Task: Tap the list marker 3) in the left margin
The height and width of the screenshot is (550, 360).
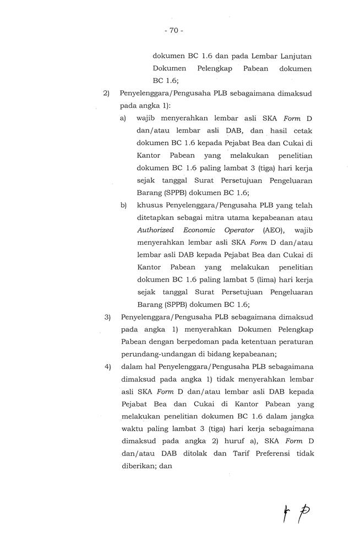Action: click(x=108, y=317)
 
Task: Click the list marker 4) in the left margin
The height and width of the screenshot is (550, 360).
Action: click(x=108, y=368)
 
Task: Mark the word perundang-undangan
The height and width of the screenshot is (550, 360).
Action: click(x=153, y=355)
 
